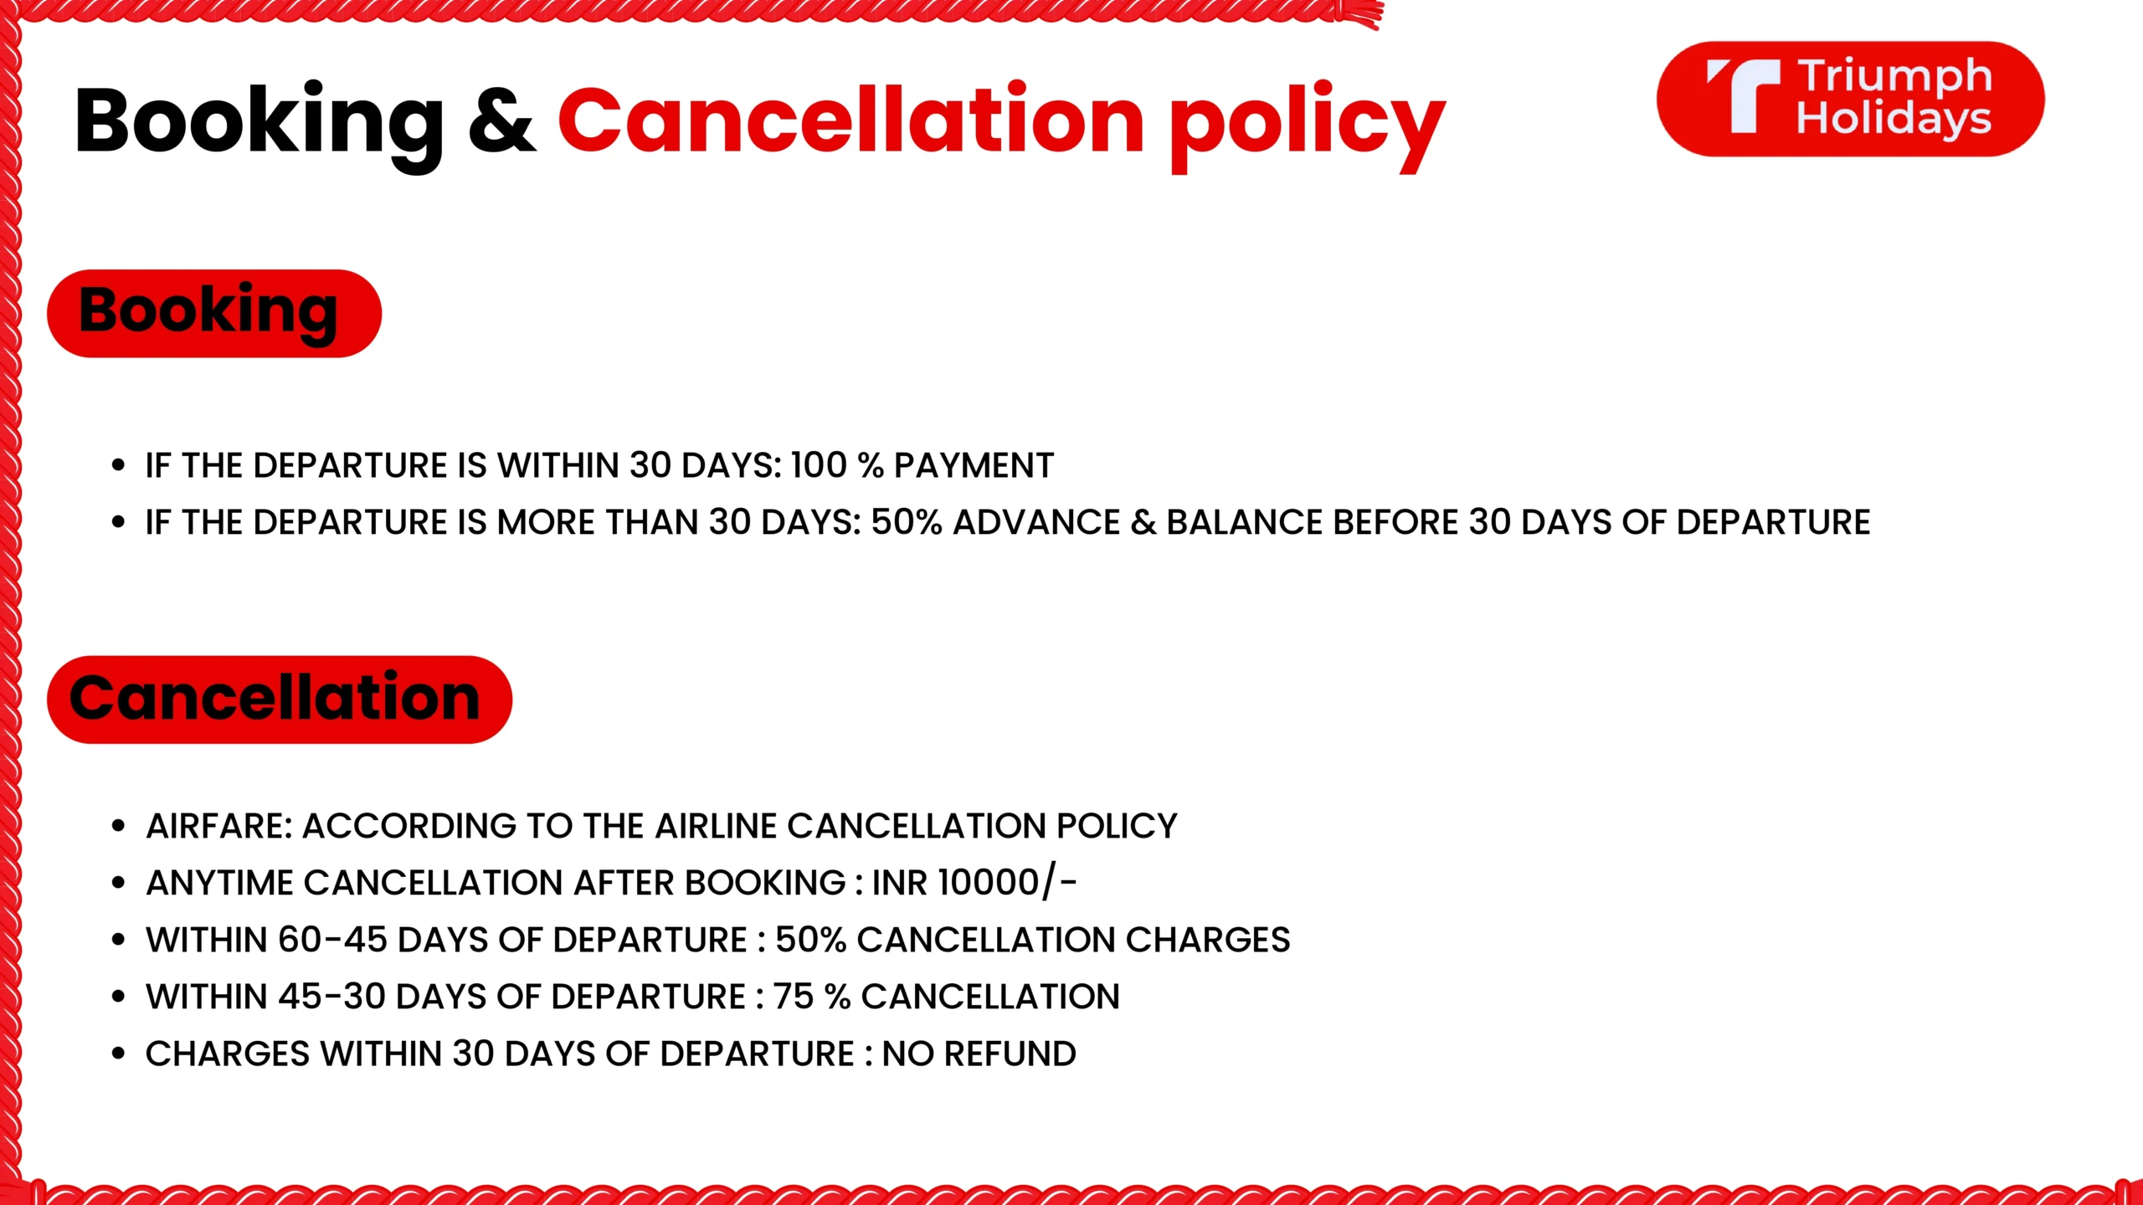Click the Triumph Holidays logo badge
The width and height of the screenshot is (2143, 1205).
[x=1850, y=99]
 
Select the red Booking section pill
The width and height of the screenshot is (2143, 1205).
[x=214, y=313]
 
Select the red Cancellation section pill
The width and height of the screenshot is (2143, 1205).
[x=280, y=699]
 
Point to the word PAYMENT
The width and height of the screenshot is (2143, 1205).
[x=974, y=465]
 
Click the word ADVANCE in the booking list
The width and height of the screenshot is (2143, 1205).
[x=1036, y=522]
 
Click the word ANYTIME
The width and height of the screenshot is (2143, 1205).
[x=220, y=883]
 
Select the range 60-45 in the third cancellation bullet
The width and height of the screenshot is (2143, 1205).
[x=332, y=940]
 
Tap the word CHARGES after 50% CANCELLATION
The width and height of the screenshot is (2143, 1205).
[x=1208, y=940]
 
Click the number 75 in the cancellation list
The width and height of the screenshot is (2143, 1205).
[x=793, y=997]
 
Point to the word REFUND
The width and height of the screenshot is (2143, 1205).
[x=1010, y=1054]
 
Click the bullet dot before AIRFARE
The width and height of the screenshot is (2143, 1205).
[x=118, y=827]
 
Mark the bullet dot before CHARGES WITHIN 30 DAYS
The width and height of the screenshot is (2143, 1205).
[x=118, y=1054]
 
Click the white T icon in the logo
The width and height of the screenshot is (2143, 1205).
[x=1745, y=95]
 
